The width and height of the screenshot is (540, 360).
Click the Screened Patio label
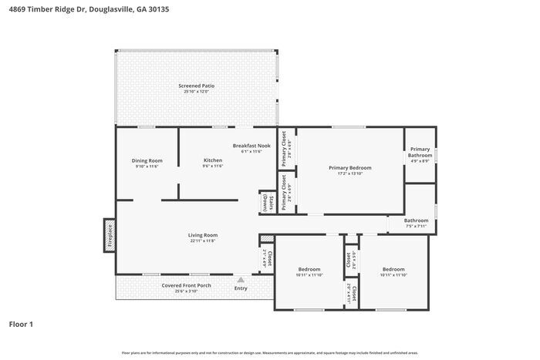(x=196, y=86)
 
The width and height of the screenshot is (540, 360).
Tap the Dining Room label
(x=147, y=160)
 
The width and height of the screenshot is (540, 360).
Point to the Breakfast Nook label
(x=251, y=146)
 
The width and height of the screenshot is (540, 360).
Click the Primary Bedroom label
(x=349, y=167)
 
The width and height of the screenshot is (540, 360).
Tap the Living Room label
(x=203, y=235)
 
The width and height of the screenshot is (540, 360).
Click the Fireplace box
(x=110, y=235)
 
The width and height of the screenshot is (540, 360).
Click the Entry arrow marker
(x=241, y=280)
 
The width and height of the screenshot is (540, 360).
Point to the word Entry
(x=241, y=288)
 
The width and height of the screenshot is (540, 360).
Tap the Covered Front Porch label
(x=186, y=285)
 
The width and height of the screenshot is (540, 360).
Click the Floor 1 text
(x=21, y=324)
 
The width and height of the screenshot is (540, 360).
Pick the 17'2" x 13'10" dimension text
(x=349, y=173)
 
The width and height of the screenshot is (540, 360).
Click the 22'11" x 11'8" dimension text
(x=203, y=241)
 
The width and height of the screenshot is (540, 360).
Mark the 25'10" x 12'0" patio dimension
(x=196, y=91)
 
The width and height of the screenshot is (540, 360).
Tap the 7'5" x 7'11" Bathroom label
(x=416, y=220)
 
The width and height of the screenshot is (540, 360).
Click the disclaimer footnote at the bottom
(x=269, y=352)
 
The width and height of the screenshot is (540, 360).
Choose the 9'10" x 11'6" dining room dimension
(x=147, y=166)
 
